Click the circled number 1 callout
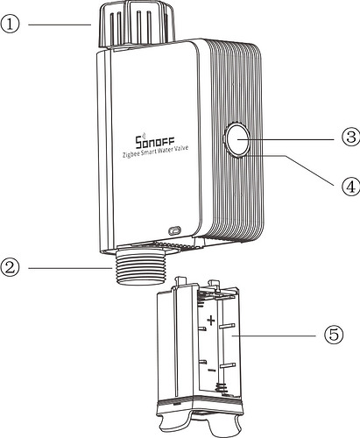click(x=10, y=25)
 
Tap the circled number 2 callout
click(x=10, y=267)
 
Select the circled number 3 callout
click(x=350, y=137)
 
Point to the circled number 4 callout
click(x=350, y=186)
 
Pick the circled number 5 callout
click(x=334, y=335)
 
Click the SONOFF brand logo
click(x=155, y=140)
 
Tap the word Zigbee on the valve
click(x=131, y=154)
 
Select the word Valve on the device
click(x=182, y=148)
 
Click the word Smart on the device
click(x=148, y=152)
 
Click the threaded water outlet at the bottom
click(x=139, y=266)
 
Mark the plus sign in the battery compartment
click(x=211, y=321)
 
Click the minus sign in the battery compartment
click(x=212, y=371)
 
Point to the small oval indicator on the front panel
click(x=175, y=230)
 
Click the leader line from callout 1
click(x=60, y=25)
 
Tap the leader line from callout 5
click(x=274, y=336)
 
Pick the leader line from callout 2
click(x=70, y=268)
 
